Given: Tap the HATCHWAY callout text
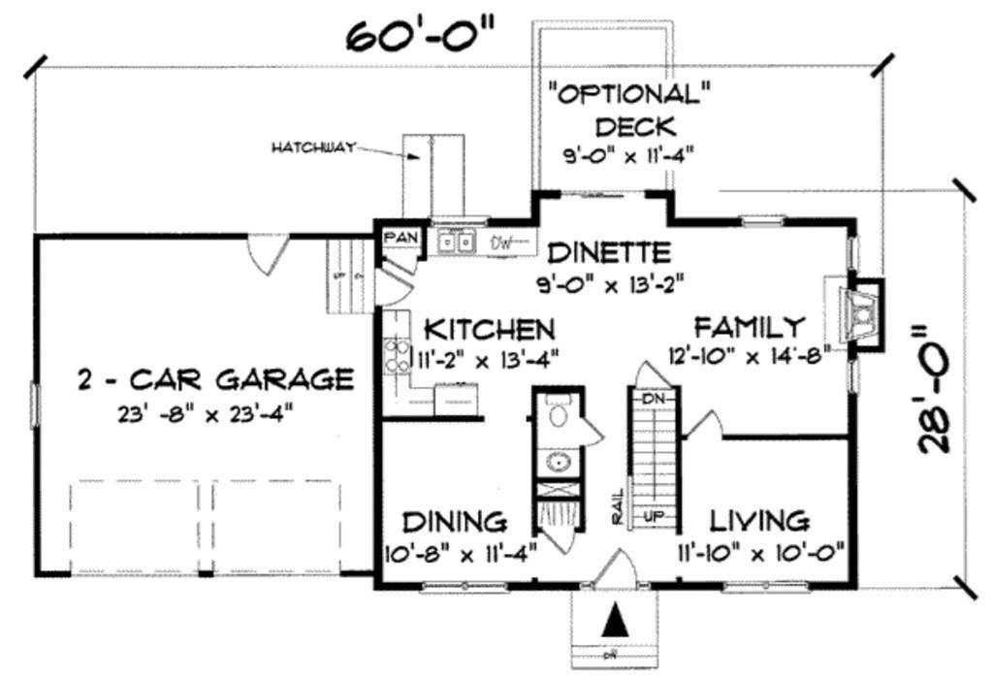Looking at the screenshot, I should (x=312, y=147).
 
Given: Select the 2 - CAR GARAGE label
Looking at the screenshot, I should (x=214, y=378).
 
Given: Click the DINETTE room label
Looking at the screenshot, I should (x=608, y=253).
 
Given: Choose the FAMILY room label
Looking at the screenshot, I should (x=749, y=325).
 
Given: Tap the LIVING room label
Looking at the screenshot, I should (x=759, y=521).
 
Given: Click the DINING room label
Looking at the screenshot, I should (x=455, y=521).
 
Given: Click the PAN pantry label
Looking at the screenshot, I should (x=398, y=238).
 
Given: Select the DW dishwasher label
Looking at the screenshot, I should (x=501, y=242).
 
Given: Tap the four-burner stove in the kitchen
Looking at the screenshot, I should (x=396, y=355).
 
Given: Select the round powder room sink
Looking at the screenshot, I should (x=558, y=462).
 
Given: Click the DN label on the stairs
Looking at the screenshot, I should (x=652, y=397).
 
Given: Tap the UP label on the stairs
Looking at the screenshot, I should (x=654, y=516).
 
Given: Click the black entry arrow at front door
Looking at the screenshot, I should (x=613, y=620).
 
